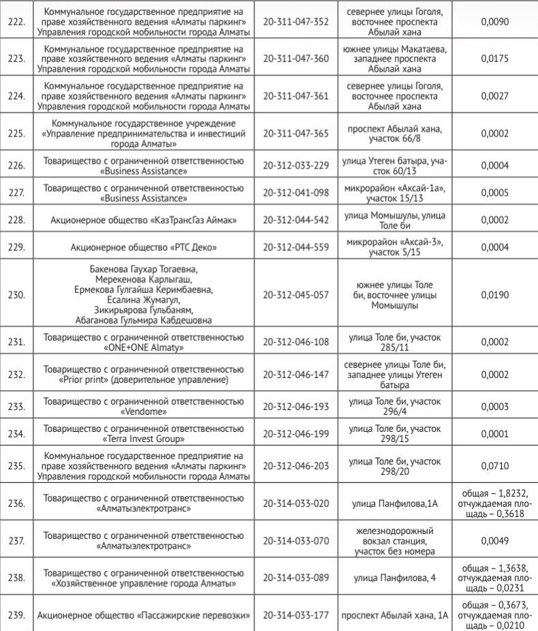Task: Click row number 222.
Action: pyautogui.click(x=16, y=22)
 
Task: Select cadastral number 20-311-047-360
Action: pyautogui.click(x=296, y=59)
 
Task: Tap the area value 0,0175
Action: pyautogui.click(x=496, y=59)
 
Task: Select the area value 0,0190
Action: pyautogui.click(x=496, y=295)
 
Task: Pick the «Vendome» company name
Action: pyautogui.click(x=143, y=412)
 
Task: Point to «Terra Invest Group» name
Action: pyautogui.click(x=143, y=439)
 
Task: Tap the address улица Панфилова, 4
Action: pyautogui.click(x=395, y=578)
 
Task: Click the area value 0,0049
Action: pyautogui.click(x=496, y=541)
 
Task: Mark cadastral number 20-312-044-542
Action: pyautogui.click(x=296, y=220)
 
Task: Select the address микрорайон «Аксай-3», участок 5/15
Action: pyautogui.click(x=395, y=248)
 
